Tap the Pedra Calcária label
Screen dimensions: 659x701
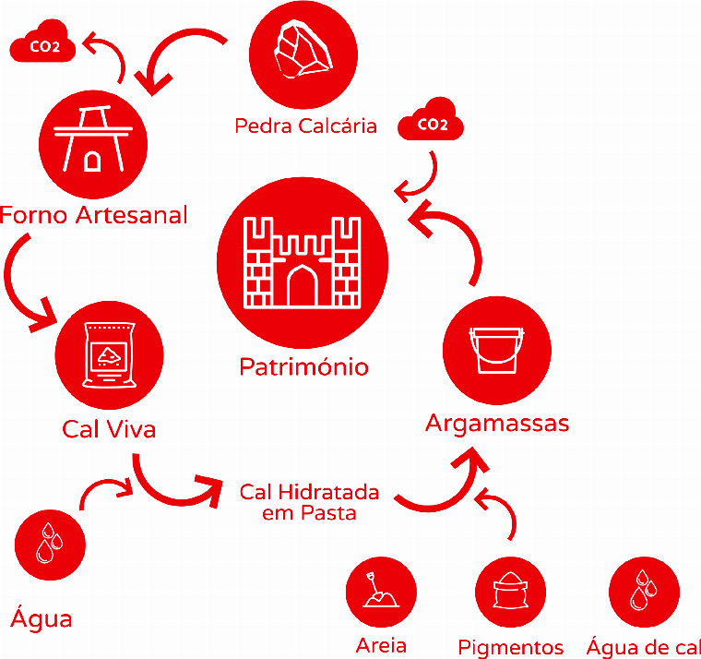click(x=305, y=126)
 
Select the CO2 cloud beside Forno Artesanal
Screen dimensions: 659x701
click(x=42, y=46)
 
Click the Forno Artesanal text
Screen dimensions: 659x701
click(x=94, y=215)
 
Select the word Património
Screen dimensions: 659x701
click(x=303, y=367)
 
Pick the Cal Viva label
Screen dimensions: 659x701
click(x=109, y=429)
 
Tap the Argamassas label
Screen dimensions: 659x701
click(x=497, y=424)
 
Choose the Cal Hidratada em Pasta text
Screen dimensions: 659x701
click(x=309, y=502)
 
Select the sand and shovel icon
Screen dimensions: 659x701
click(x=381, y=592)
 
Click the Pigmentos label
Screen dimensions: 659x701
click(x=510, y=647)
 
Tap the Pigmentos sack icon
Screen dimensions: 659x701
click(x=510, y=593)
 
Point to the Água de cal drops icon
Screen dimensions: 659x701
click(x=644, y=591)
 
